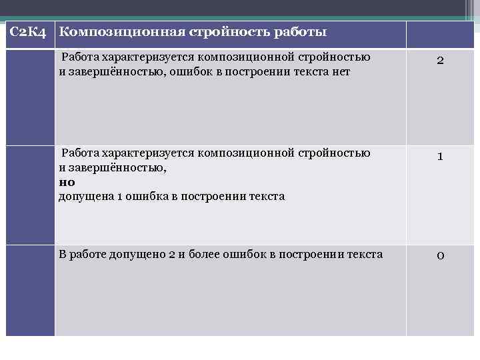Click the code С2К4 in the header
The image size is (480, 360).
29,33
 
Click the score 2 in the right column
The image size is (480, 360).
440,61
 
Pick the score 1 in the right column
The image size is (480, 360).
440,157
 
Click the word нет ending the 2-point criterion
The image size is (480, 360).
340,71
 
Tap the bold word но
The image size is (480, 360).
67,182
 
